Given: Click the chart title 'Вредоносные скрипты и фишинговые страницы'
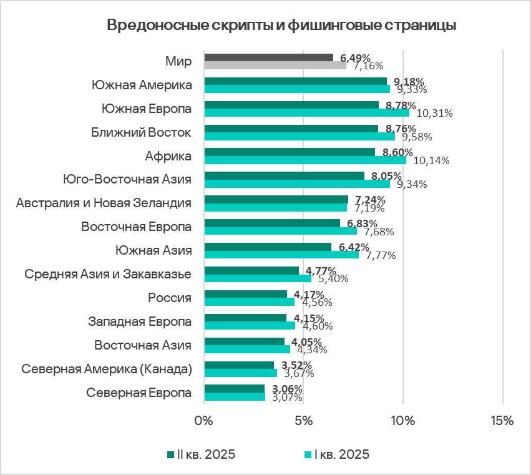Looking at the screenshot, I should tap(281, 26).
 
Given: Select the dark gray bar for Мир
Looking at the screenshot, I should tap(268, 57).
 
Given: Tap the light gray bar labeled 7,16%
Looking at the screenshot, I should tap(275, 65).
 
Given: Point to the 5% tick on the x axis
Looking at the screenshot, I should tap(303, 420).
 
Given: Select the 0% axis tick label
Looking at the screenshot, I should tap(204, 420).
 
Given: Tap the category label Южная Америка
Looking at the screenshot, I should tap(141, 85).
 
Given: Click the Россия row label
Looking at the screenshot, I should tap(169, 297).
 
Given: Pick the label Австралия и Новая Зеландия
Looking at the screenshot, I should tap(104, 203).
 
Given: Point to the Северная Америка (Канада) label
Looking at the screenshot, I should tap(106, 368).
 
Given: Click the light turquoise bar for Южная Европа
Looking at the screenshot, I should tap(306, 112).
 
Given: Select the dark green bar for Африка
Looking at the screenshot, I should tap(290, 152).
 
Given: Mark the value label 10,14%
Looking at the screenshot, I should tap(431, 160).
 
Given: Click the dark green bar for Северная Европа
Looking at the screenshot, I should tap(234, 388).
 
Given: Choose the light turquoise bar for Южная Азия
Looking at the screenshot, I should tap(281, 254).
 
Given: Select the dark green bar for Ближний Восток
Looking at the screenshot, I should tap(291, 129).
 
